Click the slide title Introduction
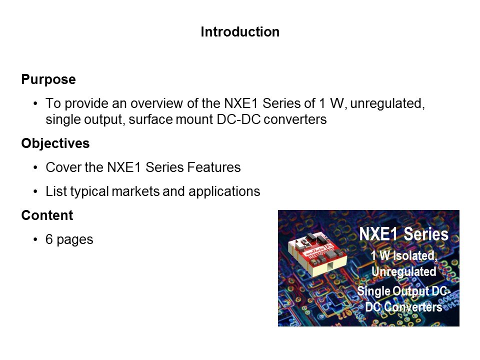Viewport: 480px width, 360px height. [240, 32]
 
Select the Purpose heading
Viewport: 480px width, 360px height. [48, 79]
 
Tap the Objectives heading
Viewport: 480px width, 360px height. [55, 143]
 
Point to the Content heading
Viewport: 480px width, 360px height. [47, 215]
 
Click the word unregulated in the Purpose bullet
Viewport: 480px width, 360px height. [387, 104]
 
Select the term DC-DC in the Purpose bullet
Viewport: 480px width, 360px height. [239, 119]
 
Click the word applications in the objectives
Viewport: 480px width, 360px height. [224, 192]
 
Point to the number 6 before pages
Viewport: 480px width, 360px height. [49, 239]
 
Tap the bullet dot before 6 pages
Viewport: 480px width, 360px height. [36, 239]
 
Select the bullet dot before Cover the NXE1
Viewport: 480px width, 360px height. [36, 167]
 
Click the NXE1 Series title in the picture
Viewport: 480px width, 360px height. [403, 234]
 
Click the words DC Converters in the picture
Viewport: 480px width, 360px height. [404, 306]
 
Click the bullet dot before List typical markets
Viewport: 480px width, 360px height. [36, 191]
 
